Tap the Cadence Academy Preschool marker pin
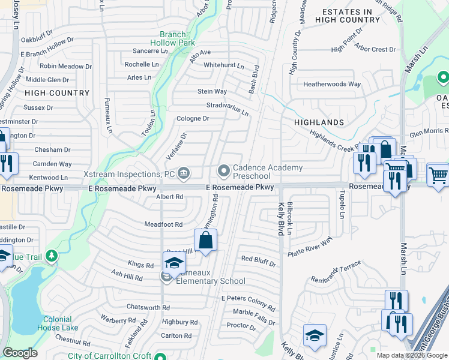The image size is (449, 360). [x=224, y=172]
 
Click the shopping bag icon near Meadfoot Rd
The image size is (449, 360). [x=206, y=241]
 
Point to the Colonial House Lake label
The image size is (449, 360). [x=58, y=323]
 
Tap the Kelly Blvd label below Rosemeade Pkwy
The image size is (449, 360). [x=280, y=219]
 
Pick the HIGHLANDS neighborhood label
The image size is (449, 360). [x=319, y=122]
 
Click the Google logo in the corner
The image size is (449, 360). [x=20, y=352]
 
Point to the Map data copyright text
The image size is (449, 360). [x=412, y=355]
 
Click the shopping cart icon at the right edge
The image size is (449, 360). [x=438, y=175]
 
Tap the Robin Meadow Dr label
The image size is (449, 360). [x=65, y=67]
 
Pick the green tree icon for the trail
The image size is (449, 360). [x=52, y=256]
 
